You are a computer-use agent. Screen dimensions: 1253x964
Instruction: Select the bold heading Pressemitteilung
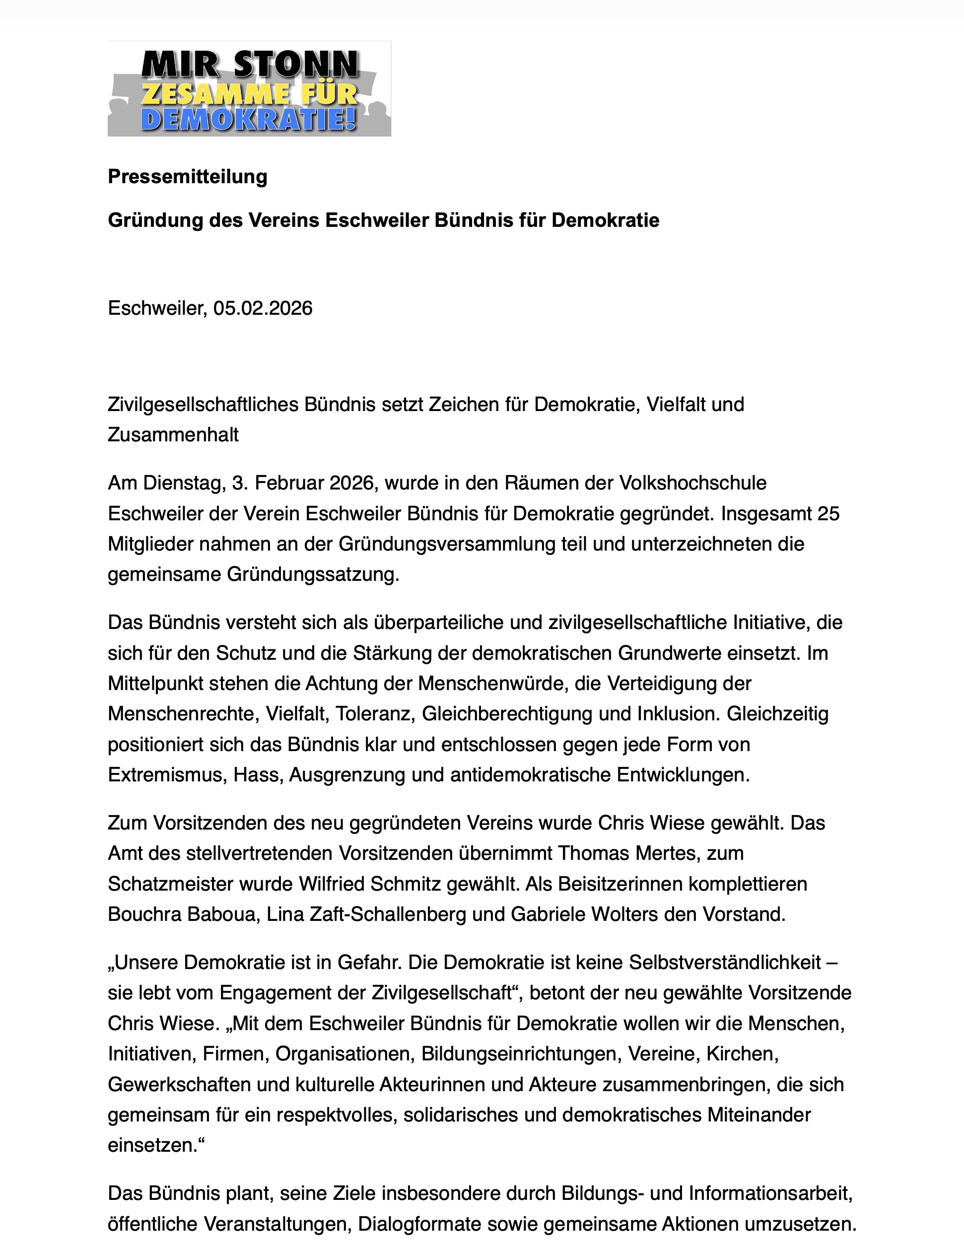[188, 177]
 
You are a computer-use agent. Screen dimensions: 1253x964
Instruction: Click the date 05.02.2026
[263, 309]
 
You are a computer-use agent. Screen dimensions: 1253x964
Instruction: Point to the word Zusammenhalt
[173, 435]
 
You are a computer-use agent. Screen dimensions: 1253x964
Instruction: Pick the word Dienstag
[182, 483]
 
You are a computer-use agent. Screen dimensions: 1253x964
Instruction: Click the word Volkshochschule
[692, 483]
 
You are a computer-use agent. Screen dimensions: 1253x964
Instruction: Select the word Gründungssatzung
[312, 574]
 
